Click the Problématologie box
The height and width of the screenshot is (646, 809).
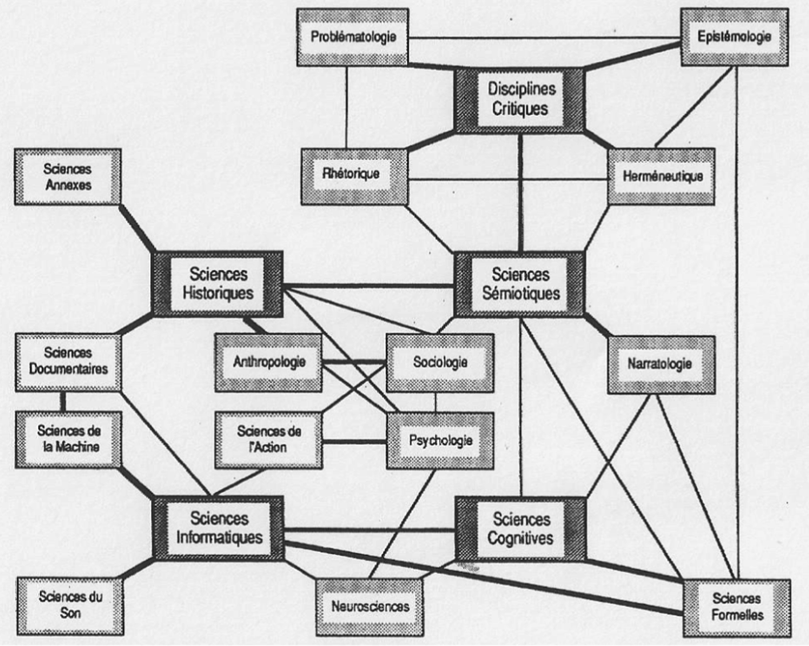pos(353,37)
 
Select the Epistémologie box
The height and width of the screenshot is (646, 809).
pos(734,37)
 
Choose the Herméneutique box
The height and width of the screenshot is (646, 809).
pos(662,176)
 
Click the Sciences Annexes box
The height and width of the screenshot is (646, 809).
pos(68,177)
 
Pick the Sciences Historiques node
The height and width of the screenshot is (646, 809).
pos(218,284)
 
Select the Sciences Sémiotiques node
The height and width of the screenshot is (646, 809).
pos(520,284)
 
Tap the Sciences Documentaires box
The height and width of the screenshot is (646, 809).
pos(68,362)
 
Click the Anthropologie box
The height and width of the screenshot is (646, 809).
pos(268,362)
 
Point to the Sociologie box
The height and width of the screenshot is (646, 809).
pos(440,362)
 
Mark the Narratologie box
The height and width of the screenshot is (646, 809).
pos(661,364)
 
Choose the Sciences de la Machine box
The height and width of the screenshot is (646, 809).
pos(68,439)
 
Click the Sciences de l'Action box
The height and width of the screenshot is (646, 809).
pos(268,439)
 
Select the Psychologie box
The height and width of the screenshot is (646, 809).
pos(440,440)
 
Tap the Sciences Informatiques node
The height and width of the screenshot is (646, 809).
pos(219,528)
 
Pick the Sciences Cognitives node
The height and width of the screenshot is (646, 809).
pos(520,529)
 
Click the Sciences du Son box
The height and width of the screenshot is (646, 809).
pos(70,605)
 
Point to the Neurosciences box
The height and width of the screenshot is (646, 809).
pos(370,607)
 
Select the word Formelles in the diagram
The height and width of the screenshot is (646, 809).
pos(736,615)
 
